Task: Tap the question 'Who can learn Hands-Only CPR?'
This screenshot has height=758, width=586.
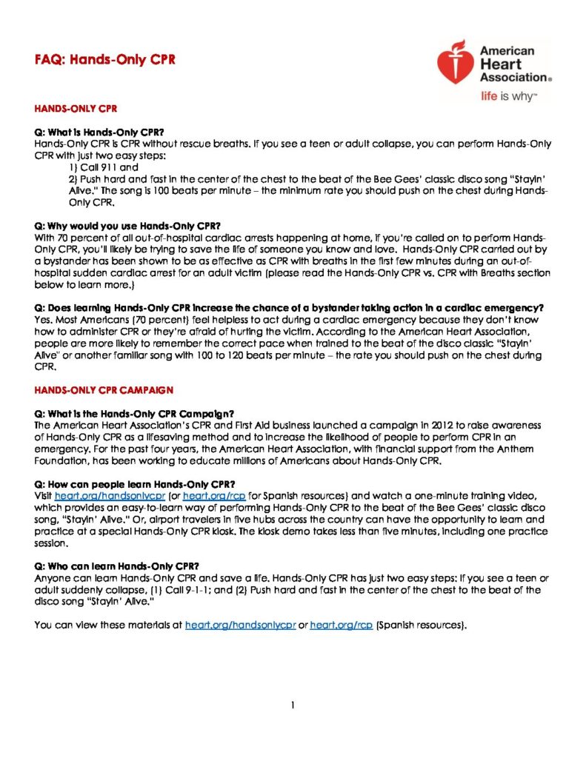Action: coord(116,566)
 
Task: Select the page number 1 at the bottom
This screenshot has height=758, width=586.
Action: coord(293,705)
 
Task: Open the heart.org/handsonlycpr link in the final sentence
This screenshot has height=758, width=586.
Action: coord(240,625)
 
